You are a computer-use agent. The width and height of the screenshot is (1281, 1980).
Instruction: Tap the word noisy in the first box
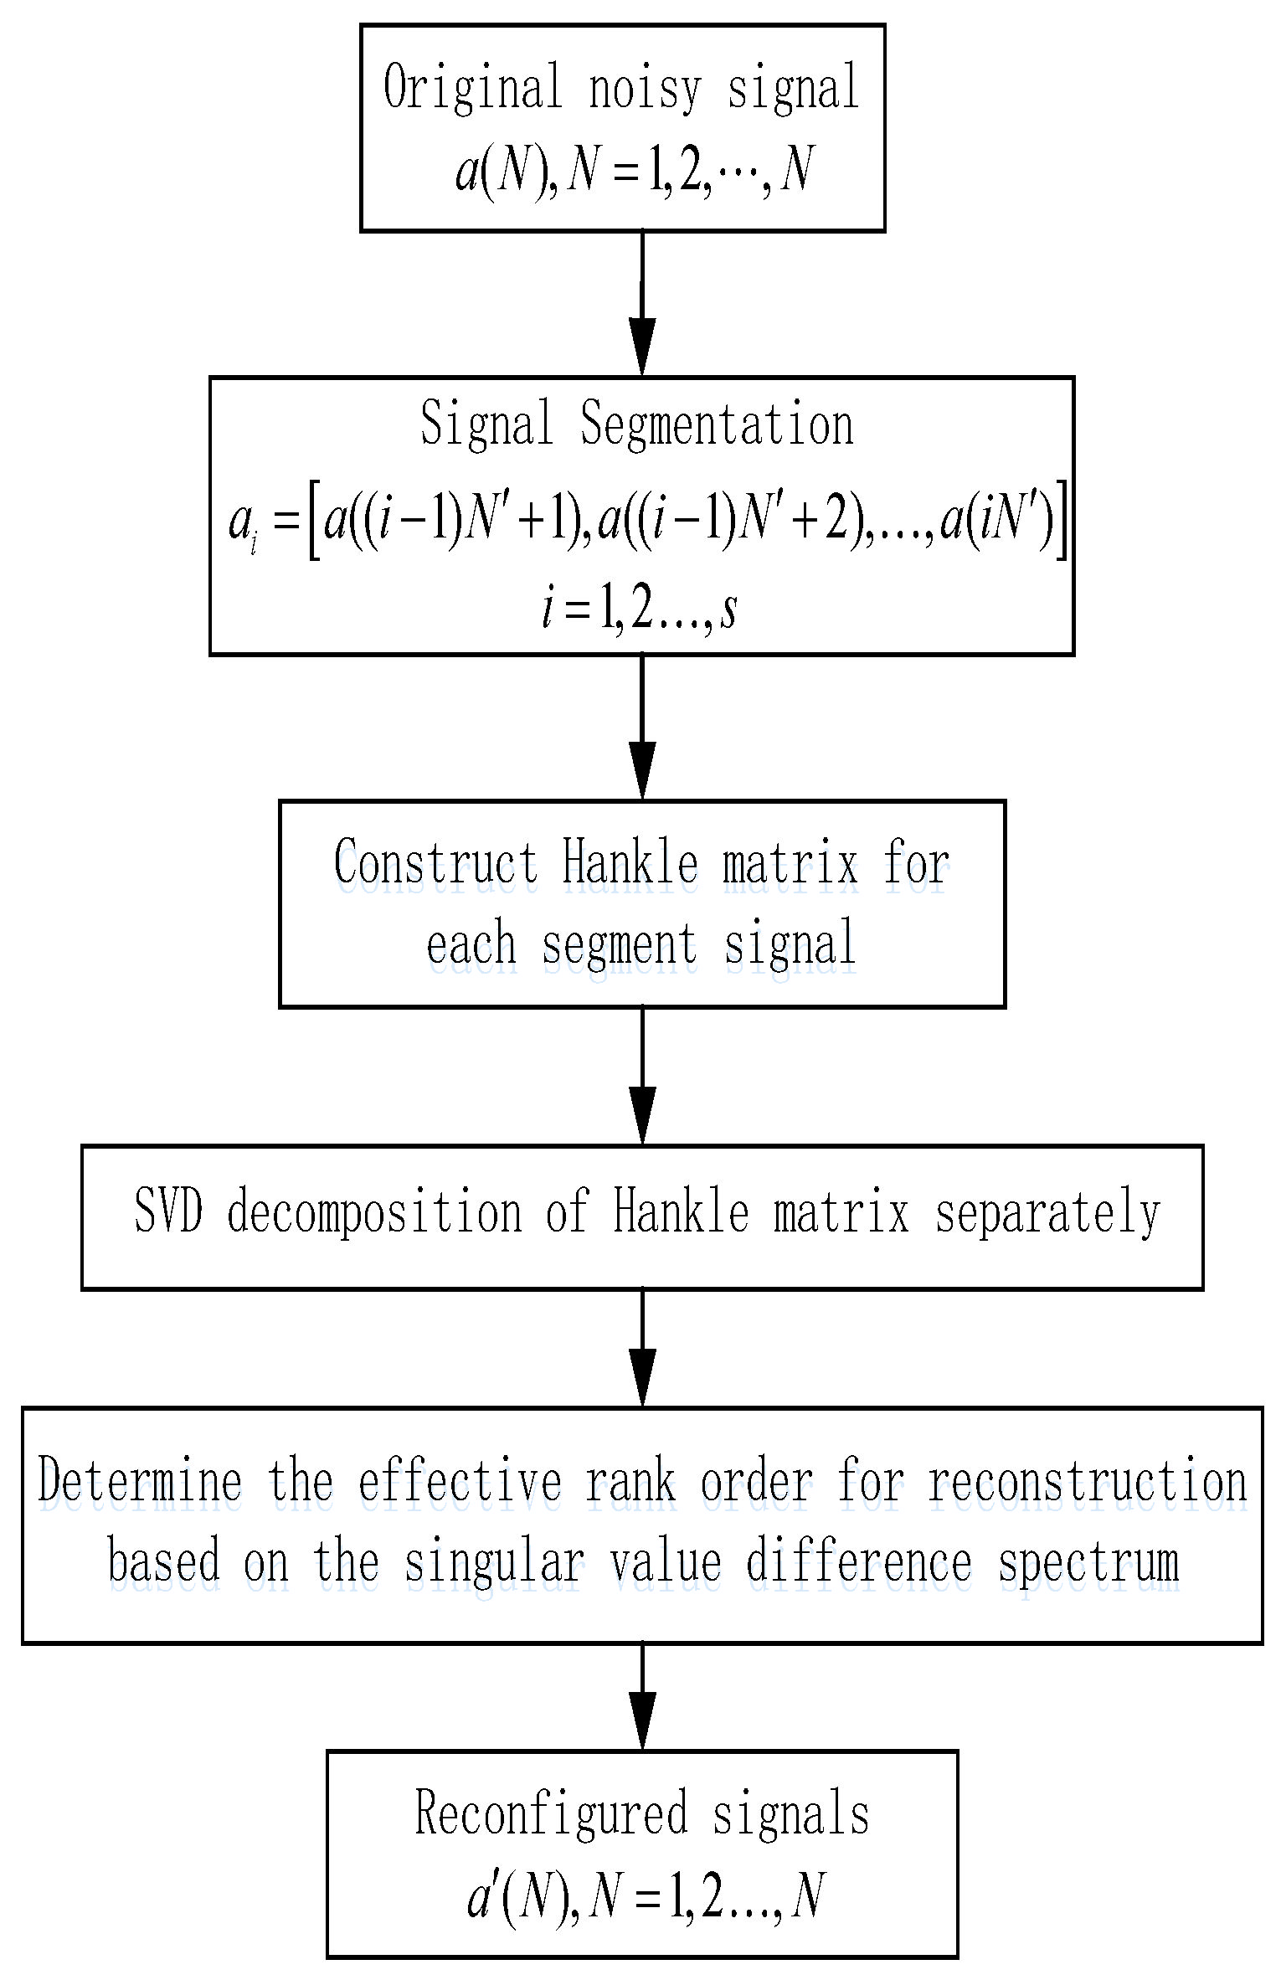[x=644, y=89]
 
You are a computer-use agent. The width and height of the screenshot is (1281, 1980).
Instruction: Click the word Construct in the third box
[x=435, y=862]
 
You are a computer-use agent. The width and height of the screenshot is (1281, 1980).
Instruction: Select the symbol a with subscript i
[x=242, y=525]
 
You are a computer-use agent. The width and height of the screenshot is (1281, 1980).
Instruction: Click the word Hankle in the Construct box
[x=630, y=862]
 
